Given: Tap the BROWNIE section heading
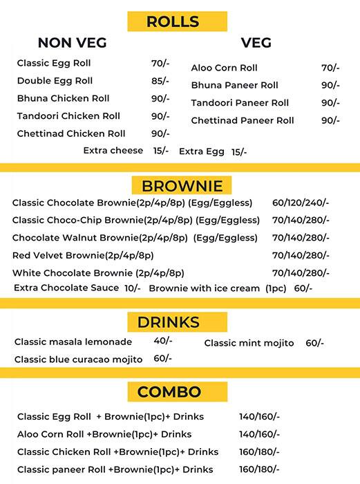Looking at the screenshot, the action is [182, 186].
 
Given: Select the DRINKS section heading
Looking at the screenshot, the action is [178, 322].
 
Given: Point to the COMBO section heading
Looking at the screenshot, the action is [178, 392].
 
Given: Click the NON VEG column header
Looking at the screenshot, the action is [72, 43].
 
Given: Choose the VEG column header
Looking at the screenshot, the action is [256, 43].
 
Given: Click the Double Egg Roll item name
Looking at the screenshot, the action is [55, 81].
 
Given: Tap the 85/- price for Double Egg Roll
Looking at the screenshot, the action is [160, 81].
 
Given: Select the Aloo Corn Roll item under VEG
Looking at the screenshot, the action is [224, 68].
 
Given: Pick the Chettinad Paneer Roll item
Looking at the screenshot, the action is [243, 120].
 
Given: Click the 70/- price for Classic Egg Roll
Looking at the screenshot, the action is [160, 64].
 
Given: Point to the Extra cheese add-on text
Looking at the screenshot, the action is [113, 150].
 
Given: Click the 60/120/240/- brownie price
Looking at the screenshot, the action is [301, 203].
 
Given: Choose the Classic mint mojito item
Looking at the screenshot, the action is [249, 343].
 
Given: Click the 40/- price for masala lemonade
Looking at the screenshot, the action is [163, 341].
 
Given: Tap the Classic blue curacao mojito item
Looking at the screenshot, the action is [78, 359].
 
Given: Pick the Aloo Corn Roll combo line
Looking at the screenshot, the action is [104, 434].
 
